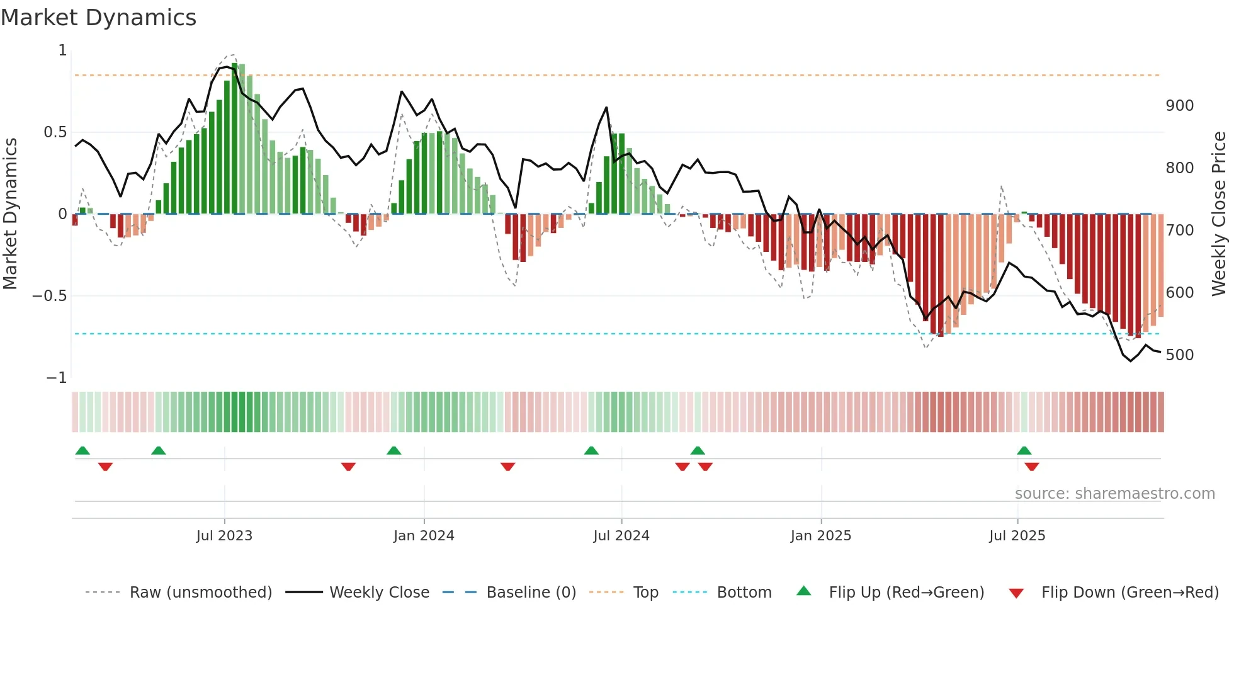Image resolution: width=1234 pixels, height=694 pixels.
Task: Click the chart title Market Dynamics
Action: point(98,18)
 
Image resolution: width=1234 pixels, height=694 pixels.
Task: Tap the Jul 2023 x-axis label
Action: point(224,536)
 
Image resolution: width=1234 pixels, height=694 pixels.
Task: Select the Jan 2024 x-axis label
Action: point(424,536)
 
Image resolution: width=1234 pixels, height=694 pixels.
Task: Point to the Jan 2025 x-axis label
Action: point(821,536)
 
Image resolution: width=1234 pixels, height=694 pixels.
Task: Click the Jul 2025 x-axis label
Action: point(1017,536)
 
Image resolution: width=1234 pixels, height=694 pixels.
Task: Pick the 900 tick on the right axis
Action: point(1179,106)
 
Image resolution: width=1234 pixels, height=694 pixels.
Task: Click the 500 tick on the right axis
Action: point(1179,355)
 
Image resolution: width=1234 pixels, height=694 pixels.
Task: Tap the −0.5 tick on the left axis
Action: point(49,296)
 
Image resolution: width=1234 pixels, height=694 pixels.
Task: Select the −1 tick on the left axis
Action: point(56,378)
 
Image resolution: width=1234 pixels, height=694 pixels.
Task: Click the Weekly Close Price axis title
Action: point(1220,214)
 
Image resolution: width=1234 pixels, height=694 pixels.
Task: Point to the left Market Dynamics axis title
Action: point(10,214)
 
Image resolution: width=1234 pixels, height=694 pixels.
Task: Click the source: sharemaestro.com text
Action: point(1114,494)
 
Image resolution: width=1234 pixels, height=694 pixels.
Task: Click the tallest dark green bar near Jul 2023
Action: point(235,139)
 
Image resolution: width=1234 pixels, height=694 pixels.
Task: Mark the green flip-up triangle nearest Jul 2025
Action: point(1024,450)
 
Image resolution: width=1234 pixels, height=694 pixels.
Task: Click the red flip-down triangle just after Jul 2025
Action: point(1032,467)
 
